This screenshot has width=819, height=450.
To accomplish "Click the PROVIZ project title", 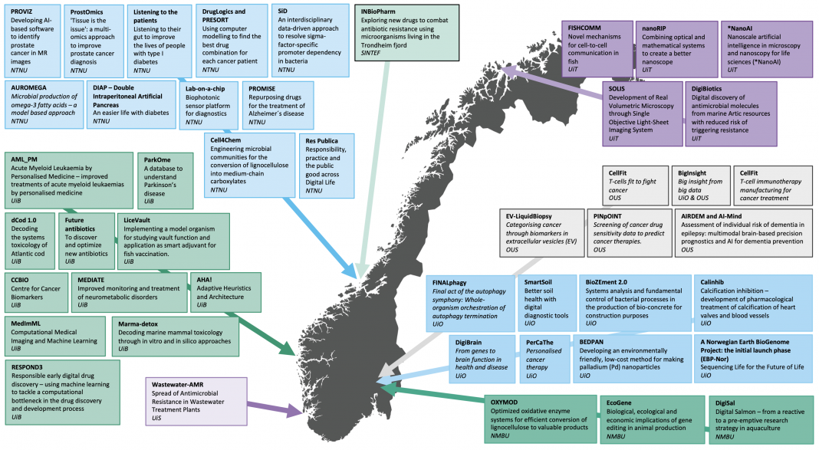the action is [21, 11].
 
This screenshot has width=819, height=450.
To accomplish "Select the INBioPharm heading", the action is [378, 11].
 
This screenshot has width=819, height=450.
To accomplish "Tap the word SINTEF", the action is [371, 53].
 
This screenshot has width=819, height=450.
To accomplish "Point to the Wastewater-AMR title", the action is [178, 385].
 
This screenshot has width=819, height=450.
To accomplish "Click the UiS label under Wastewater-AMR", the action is [156, 418].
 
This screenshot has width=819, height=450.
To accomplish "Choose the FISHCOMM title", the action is [584, 28].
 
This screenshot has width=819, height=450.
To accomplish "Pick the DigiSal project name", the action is [725, 403].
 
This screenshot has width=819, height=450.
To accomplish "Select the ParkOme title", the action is [157, 160].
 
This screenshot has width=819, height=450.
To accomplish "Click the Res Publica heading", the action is [322, 141].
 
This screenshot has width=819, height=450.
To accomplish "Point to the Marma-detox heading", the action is [138, 324].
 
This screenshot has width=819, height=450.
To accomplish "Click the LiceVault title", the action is [136, 220].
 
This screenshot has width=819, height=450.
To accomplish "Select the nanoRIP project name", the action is [654, 28].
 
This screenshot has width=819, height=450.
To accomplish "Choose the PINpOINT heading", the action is [607, 216].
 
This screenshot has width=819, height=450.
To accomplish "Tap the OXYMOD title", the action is [504, 402].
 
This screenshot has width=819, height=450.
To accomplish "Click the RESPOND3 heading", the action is [27, 367].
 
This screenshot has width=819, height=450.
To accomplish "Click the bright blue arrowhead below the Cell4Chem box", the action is [349, 271].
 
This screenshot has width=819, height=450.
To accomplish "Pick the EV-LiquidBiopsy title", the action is [528, 216].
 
